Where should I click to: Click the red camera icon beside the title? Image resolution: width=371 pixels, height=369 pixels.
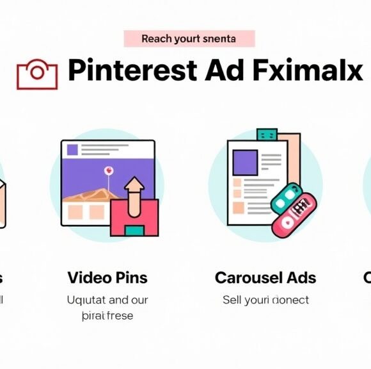pyautogui.click(x=32, y=74)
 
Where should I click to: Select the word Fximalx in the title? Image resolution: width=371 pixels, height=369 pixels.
pyautogui.click(x=308, y=70)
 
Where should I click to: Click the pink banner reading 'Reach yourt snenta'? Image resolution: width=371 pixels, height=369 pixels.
pyautogui.click(x=189, y=38)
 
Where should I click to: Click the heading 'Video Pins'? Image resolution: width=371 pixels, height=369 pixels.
pyautogui.click(x=107, y=278)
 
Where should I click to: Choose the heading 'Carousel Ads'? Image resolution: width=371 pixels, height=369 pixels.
pyautogui.click(x=265, y=278)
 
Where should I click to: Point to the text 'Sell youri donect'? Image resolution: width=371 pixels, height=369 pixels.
pyautogui.click(x=265, y=300)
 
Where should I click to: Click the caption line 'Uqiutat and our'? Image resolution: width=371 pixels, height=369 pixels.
pyautogui.click(x=107, y=300)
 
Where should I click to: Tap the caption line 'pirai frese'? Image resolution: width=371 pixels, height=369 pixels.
pyautogui.click(x=107, y=316)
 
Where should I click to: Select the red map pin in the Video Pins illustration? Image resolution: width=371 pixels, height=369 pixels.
pyautogui.click(x=109, y=172)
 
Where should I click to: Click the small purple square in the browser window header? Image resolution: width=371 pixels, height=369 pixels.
pyautogui.click(x=72, y=150)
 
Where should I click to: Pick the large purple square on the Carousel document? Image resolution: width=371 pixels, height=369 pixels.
pyautogui.click(x=244, y=163)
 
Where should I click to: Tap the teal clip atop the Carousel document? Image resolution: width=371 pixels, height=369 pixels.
pyautogui.click(x=266, y=135)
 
